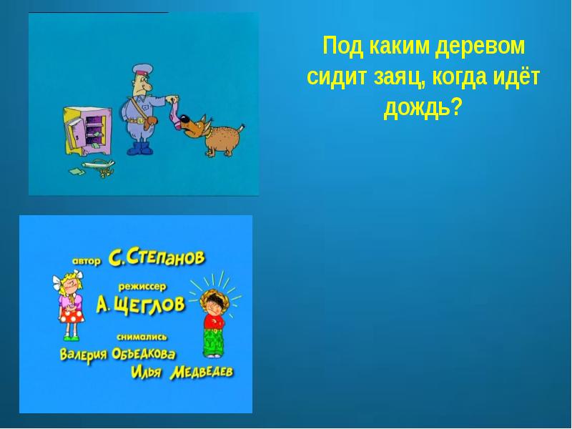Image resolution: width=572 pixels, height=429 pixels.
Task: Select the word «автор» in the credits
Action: (87, 260)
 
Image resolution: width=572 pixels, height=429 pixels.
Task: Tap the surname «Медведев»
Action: (202, 372)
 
